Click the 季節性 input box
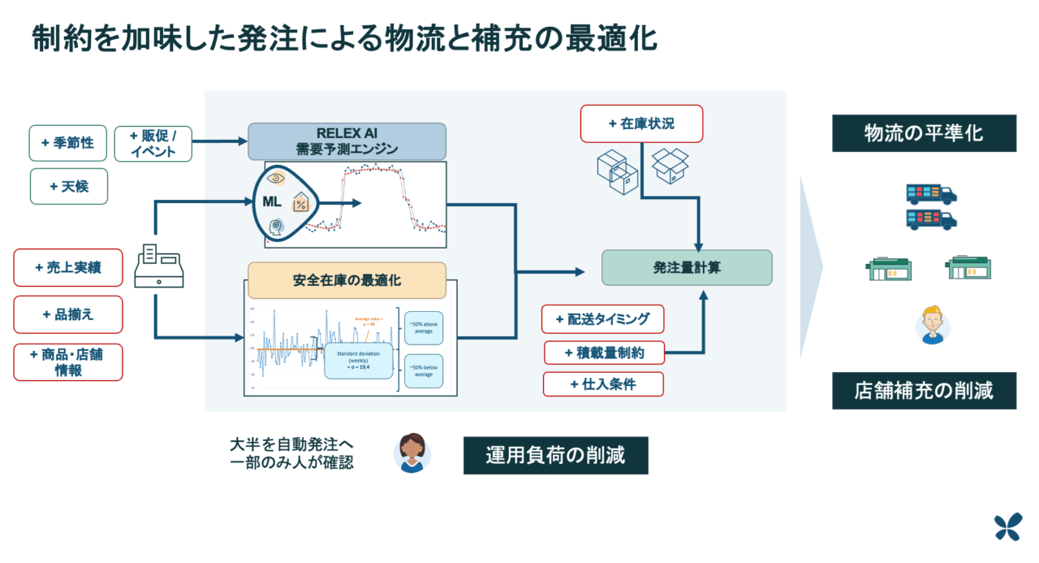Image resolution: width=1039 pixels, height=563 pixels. (x=68, y=143)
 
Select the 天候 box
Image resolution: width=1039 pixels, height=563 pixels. (x=68, y=186)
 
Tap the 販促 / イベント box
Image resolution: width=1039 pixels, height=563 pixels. (x=153, y=143)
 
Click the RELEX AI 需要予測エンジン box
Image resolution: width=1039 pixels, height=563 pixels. (x=347, y=141)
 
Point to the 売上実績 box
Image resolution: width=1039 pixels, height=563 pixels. (x=68, y=267)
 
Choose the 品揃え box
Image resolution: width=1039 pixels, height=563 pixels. (x=68, y=314)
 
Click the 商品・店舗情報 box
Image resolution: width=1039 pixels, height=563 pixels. (x=68, y=362)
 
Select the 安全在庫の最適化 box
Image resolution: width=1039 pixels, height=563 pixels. (x=347, y=280)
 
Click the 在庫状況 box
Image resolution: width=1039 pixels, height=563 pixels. (x=641, y=124)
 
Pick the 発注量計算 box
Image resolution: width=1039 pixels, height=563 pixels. (x=686, y=267)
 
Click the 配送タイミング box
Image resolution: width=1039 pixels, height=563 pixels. (x=602, y=319)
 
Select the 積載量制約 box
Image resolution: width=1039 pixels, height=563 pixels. (x=604, y=353)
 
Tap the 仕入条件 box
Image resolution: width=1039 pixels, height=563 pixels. (x=602, y=384)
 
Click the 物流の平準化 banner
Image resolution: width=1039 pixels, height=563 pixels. (x=924, y=133)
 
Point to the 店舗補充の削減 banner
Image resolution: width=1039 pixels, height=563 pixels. (x=924, y=391)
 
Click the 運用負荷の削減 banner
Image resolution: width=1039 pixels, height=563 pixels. (x=555, y=456)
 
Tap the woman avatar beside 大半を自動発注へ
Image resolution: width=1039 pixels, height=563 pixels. (x=412, y=453)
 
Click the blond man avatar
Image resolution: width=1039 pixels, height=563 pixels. (x=933, y=324)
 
